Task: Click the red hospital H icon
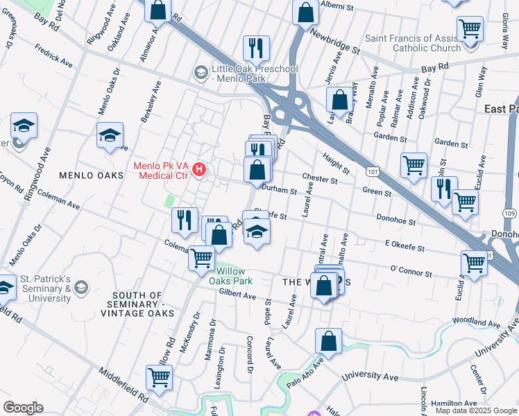200,168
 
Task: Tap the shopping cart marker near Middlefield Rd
159,378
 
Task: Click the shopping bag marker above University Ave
329,340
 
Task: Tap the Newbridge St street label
336,41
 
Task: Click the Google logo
23,408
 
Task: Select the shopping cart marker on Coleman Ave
201,258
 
